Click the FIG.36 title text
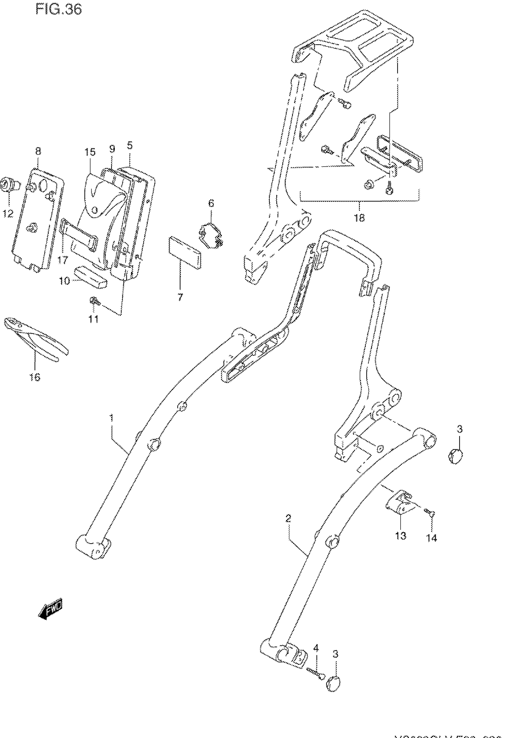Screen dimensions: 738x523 59,10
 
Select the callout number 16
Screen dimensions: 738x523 35,377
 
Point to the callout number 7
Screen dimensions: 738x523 180,297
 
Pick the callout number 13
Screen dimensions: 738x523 401,536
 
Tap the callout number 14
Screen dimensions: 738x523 432,538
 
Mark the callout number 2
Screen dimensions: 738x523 288,518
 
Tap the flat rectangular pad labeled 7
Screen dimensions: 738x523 184,252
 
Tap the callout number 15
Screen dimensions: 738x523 90,152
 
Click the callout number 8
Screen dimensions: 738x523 38,151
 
